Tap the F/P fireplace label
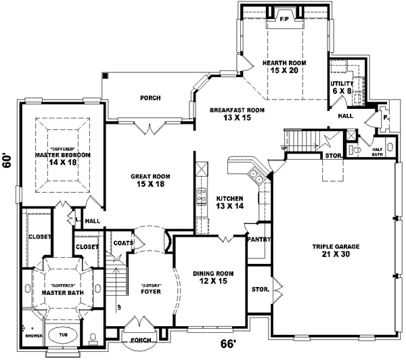tap(284, 20)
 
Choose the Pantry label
tap(259, 239)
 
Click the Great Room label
tap(150, 180)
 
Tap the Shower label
tap(31, 334)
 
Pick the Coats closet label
tap(123, 242)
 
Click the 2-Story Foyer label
tap(150, 289)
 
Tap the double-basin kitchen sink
tap(256, 176)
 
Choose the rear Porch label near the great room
tap(150, 97)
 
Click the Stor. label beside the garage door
tap(261, 289)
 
